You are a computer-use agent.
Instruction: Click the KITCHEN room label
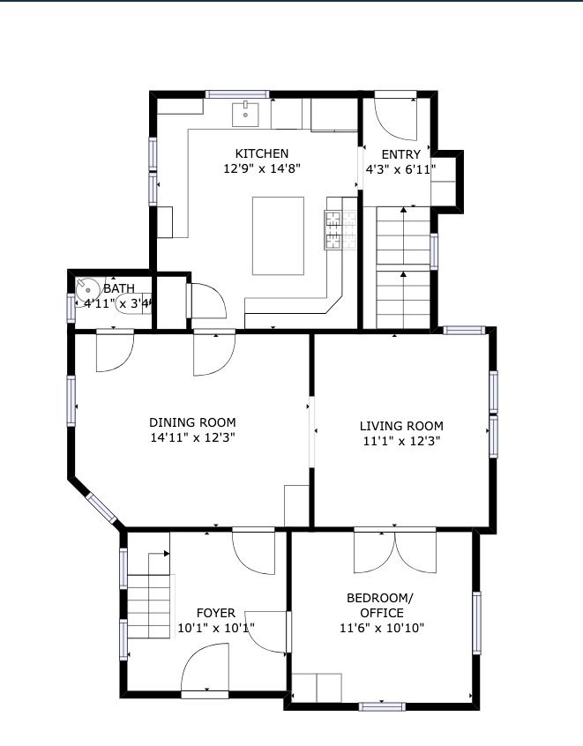(262, 153)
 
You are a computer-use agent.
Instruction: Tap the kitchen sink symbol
(245, 115)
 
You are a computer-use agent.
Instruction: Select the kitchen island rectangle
(278, 236)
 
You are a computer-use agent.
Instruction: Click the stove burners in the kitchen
(340, 230)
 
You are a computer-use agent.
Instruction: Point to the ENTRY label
(400, 154)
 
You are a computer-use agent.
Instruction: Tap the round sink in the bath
(87, 290)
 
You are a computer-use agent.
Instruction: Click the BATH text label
(119, 288)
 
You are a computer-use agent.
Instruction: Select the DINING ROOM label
(192, 422)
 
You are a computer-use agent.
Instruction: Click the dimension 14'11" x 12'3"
(193, 437)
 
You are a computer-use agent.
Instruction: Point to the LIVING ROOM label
(401, 426)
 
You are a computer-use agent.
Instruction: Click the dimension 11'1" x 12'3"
(401, 441)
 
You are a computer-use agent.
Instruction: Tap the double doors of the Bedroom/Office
(395, 552)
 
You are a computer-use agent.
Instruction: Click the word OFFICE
(382, 613)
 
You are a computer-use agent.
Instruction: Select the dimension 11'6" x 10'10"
(382, 628)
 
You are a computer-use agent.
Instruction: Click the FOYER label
(215, 613)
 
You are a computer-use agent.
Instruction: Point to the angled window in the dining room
(101, 509)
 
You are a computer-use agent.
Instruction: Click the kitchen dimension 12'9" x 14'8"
(262, 169)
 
